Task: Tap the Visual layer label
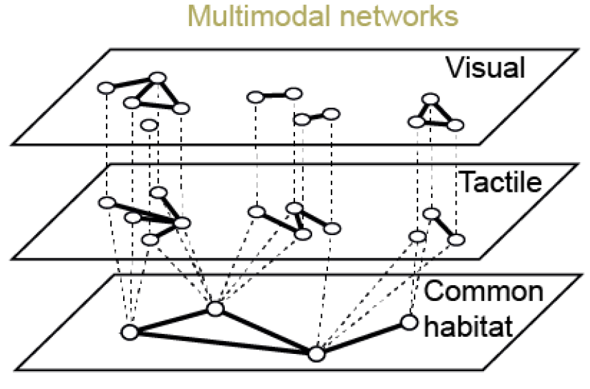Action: pyautogui.click(x=485, y=67)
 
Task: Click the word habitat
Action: pyautogui.click(x=468, y=324)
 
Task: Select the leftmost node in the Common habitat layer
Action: pyautogui.click(x=129, y=333)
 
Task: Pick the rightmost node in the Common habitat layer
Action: pyautogui.click(x=409, y=322)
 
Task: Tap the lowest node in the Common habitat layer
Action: pyautogui.click(x=316, y=354)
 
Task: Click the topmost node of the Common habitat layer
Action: pyautogui.click(x=215, y=309)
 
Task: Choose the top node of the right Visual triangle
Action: pyautogui.click(x=430, y=99)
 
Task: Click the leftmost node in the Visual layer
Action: pyautogui.click(x=105, y=89)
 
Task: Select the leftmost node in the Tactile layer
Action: pyautogui.click(x=107, y=202)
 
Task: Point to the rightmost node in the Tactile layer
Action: pyautogui.click(x=457, y=239)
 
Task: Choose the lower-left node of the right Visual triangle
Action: pyautogui.click(x=414, y=122)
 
